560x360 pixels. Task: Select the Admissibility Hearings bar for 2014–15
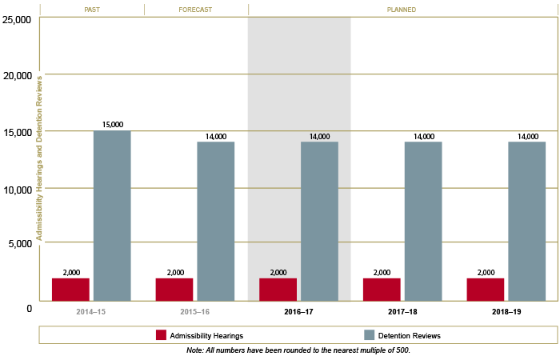point(70,289)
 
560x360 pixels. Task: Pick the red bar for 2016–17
point(278,289)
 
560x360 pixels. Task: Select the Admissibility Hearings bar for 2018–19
point(486,289)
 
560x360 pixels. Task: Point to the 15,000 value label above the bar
point(112,125)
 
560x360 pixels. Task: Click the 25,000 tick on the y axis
point(18,18)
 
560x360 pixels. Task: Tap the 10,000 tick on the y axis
point(18,190)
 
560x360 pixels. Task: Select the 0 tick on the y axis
point(29,308)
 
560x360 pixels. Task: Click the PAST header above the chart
point(92,10)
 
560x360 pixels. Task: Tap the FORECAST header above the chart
point(196,10)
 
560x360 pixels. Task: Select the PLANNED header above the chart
point(402,10)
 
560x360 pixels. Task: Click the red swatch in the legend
point(161,335)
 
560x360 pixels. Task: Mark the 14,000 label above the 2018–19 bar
point(527,137)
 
